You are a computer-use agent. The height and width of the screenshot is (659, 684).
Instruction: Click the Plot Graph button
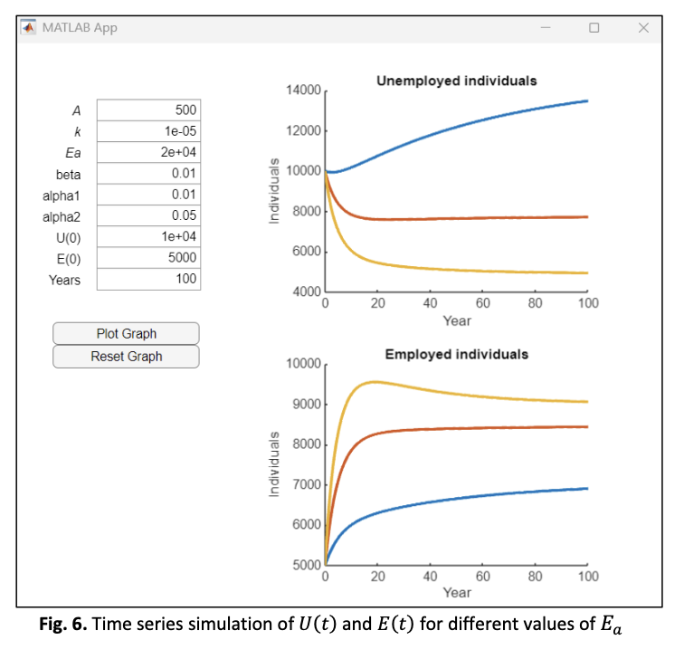pyautogui.click(x=126, y=334)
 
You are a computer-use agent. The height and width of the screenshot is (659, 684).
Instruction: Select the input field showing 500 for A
pyautogui.click(x=148, y=110)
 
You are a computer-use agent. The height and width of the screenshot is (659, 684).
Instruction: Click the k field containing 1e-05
pyautogui.click(x=148, y=131)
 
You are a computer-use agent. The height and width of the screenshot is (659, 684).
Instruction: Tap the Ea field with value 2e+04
pyautogui.click(x=148, y=152)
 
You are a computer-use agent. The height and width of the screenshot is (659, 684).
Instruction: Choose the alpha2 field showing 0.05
pyautogui.click(x=148, y=215)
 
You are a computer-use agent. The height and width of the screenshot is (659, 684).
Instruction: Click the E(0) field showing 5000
pyautogui.click(x=148, y=258)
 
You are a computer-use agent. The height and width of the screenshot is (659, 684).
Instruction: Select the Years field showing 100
pyautogui.click(x=148, y=280)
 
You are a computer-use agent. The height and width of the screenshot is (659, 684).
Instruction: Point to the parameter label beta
pyautogui.click(x=68, y=174)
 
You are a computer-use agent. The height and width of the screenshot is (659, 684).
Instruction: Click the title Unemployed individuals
pyautogui.click(x=456, y=81)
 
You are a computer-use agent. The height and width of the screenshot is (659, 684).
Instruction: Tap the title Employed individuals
pyautogui.click(x=456, y=354)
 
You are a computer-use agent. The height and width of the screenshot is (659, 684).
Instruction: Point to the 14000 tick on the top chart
pyautogui.click(x=303, y=91)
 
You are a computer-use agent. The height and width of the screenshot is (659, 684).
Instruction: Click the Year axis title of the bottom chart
pyautogui.click(x=456, y=592)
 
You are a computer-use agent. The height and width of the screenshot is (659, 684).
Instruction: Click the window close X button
pyautogui.click(x=643, y=28)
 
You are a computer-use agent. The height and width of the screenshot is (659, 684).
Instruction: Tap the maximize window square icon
pyautogui.click(x=594, y=28)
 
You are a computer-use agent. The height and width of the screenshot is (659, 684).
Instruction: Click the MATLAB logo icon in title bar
pyautogui.click(x=28, y=27)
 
